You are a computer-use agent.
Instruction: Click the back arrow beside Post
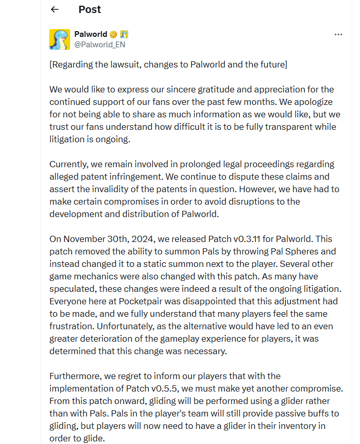(55, 9)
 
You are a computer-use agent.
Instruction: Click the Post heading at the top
(89, 9)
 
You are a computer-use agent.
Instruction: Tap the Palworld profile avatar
(60, 39)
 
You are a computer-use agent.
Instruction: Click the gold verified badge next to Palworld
(113, 35)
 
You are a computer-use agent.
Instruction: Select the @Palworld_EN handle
(100, 45)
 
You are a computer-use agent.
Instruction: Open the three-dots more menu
(338, 35)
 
